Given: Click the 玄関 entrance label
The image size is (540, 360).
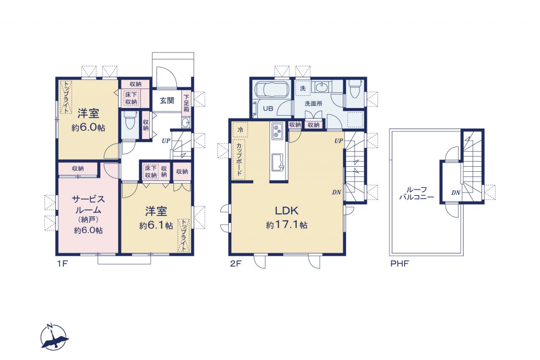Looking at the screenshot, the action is tap(167, 100).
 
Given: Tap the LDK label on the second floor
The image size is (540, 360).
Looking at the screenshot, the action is tap(286, 211).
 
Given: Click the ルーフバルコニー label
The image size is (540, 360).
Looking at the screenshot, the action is tap(416, 193).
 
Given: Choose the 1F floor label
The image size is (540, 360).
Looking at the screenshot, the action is tap(62, 264).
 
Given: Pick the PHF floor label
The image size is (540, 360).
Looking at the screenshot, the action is tap(400, 264).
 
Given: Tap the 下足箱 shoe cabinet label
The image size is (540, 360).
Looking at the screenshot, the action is tap(186, 103).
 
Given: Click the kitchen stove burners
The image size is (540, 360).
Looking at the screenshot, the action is tap(278, 131).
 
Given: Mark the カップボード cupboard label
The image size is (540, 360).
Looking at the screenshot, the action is tap(239, 159).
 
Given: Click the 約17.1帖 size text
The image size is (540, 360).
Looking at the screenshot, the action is tap(286, 225).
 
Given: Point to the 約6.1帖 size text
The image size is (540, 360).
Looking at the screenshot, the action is tap(156, 226).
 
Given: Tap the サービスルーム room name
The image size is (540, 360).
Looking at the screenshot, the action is tap(88, 205).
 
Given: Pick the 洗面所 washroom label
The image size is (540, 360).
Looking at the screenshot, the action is tap(313, 104).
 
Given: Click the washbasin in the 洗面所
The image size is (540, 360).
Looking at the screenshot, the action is tap(321, 87).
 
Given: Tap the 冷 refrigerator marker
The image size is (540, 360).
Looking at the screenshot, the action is tap(240, 130).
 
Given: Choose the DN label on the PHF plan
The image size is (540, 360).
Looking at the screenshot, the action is tap(456, 192).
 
